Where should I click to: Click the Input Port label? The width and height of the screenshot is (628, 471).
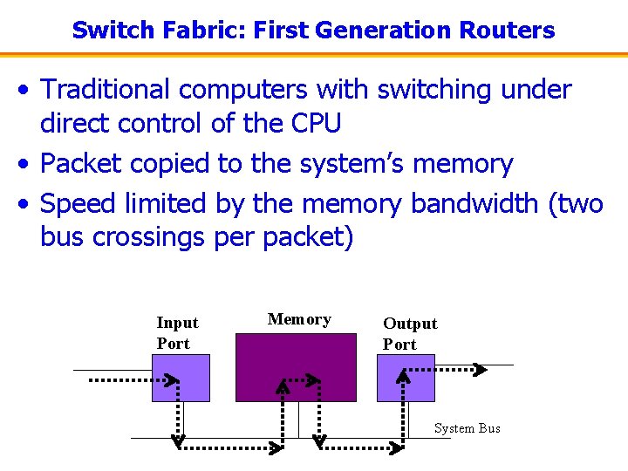(177, 333)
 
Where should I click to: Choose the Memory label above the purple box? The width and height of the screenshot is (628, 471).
(299, 319)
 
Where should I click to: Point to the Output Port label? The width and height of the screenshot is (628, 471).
(409, 334)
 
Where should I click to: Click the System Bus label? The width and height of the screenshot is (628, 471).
(467, 428)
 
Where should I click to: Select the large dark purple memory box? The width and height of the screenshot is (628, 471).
(296, 366)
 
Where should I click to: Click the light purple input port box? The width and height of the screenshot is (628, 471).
(181, 378)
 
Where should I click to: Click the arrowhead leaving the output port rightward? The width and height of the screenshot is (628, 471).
(479, 370)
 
